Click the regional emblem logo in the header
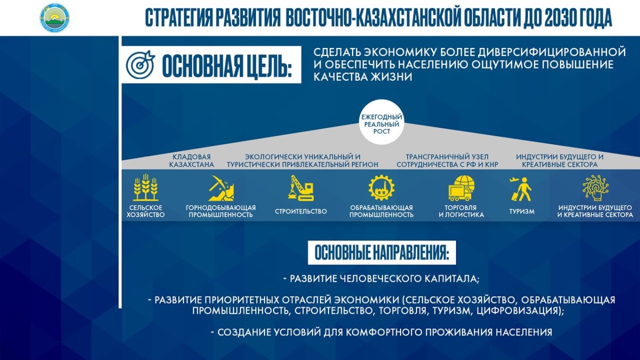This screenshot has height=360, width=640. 54,18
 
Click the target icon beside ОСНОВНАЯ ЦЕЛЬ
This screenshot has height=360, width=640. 140,65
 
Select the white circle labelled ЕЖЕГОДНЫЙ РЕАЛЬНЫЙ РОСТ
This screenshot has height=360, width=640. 381,122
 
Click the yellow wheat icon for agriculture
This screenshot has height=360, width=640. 146,187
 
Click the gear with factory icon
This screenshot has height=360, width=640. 381,187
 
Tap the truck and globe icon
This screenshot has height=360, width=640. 461,188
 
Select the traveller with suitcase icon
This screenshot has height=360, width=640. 521,189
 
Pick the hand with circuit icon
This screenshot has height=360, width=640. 595,188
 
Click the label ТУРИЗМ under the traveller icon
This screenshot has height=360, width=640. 522,211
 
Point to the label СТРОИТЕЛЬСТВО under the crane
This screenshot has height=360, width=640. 301,211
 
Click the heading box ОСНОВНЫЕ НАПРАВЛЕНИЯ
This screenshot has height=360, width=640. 382,253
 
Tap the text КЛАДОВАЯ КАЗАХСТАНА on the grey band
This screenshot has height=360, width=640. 191,161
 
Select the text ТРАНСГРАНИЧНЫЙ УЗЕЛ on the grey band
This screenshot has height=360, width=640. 447,157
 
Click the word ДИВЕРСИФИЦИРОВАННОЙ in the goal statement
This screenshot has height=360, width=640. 552,52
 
